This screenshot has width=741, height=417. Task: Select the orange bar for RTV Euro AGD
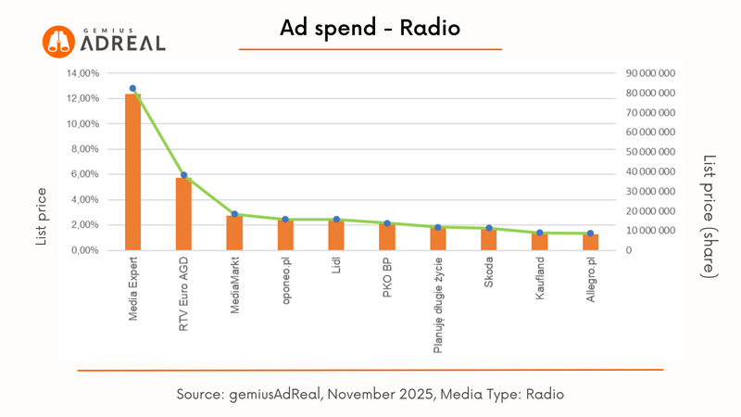point(183,214)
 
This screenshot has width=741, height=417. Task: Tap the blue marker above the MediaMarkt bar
point(234,214)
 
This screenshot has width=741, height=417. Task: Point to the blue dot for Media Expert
point(132,89)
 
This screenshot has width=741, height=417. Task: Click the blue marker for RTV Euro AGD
point(183,175)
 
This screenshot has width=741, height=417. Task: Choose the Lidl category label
point(336,272)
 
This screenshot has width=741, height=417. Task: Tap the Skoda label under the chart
point(489,276)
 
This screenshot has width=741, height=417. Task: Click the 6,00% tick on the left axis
point(84,174)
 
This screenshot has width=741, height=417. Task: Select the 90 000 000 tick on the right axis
point(651,73)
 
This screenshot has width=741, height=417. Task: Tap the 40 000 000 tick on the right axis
point(651,171)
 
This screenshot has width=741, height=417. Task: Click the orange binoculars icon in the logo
point(57,39)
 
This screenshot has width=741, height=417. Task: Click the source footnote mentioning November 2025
point(370,394)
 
